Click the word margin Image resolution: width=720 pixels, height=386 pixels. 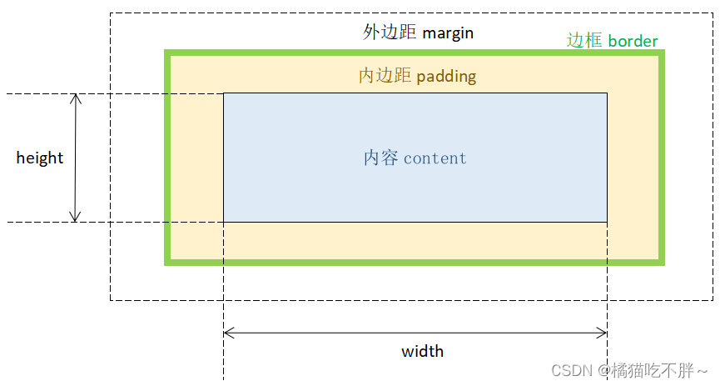point(449,33)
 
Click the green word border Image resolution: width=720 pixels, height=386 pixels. point(633,41)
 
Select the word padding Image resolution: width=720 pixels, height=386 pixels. point(446,77)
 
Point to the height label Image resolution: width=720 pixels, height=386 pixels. point(40,158)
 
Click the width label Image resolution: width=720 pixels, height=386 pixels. point(423,351)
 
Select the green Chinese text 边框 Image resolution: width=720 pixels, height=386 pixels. point(584,40)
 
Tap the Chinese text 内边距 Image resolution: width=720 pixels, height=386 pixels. point(385,76)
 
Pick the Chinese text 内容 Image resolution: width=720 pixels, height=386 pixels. point(381,158)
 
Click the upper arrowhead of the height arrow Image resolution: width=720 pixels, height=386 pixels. point(76,97)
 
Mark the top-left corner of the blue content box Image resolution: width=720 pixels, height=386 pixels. point(224,93)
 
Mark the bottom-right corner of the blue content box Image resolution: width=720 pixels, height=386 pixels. point(607,222)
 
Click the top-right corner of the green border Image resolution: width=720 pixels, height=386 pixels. point(663,53)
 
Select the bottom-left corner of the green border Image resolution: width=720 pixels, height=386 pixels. point(167,263)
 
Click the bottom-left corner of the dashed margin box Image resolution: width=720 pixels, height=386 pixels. point(111,300)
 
